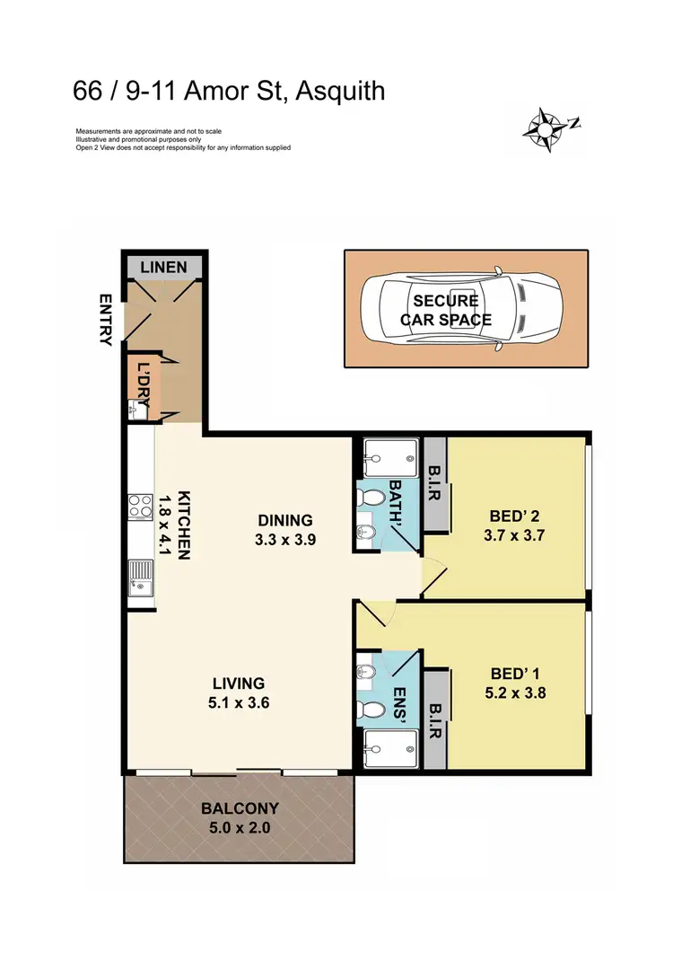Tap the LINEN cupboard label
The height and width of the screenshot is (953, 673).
coord(164,267)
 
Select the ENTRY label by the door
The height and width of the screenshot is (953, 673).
coord(107,321)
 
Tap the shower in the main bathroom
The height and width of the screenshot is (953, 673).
coord(391,458)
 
